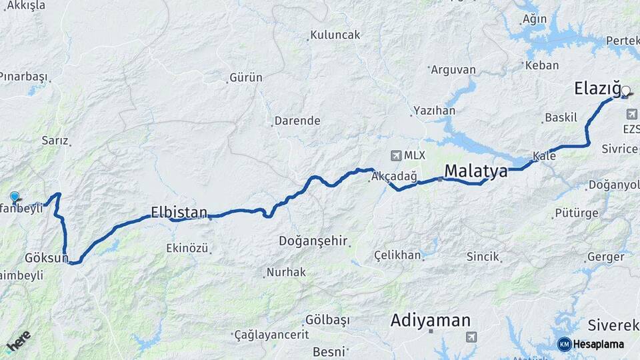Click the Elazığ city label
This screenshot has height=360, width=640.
[597, 89]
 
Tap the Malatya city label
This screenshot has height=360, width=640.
[475, 171]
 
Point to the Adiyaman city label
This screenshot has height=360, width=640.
[431, 321]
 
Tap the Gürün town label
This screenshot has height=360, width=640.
[246, 78]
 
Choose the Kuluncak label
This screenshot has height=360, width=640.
[336, 35]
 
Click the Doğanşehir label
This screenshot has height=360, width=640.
[313, 241]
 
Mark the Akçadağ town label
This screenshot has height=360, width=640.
[395, 177]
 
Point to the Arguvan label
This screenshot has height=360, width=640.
[453, 69]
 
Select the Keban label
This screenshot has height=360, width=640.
[542, 65]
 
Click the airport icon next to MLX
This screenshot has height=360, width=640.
[397, 155]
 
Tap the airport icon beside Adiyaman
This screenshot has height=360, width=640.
[472, 337]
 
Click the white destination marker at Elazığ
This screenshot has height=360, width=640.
[626, 91]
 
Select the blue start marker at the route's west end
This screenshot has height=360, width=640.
[15, 197]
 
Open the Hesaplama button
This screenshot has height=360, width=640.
[591, 344]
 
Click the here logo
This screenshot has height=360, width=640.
[18, 341]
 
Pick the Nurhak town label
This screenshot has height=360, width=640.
[286, 272]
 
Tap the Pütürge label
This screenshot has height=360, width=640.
[573, 214]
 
